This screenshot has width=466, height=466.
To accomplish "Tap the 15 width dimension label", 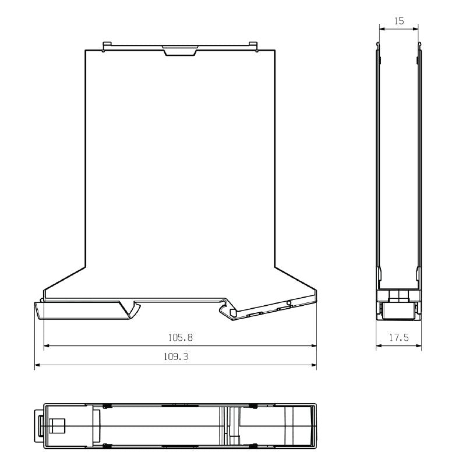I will (x=398, y=20).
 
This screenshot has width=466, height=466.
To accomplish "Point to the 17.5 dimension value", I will (x=398, y=337).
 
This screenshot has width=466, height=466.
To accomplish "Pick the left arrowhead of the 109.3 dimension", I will (x=38, y=366).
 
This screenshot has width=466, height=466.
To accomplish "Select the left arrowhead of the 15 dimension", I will (x=382, y=28).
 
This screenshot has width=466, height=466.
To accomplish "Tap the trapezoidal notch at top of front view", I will (x=181, y=51).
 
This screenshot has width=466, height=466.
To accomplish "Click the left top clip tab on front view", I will (x=106, y=45).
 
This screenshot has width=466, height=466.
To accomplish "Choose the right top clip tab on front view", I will (x=253, y=45).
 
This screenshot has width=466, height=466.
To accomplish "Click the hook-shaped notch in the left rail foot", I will (x=135, y=307).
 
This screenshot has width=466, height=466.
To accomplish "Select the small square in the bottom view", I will (x=57, y=426).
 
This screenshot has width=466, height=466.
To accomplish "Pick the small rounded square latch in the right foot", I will (x=234, y=313).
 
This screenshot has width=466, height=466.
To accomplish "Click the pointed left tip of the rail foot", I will (x=36, y=303).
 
